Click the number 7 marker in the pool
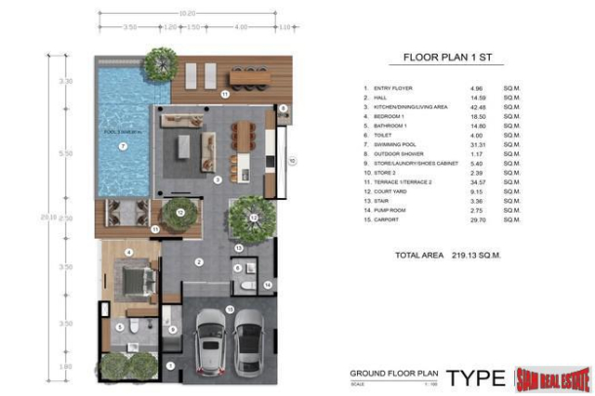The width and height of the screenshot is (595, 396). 123,146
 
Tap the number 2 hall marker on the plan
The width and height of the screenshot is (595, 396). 198,261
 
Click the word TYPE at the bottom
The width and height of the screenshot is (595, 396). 476,377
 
